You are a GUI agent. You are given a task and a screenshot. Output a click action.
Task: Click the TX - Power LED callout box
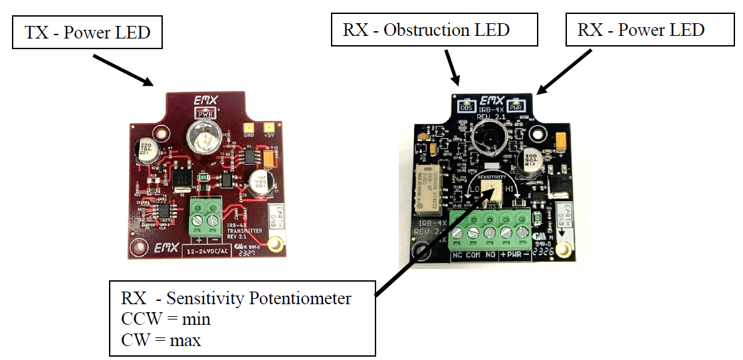point(88,32)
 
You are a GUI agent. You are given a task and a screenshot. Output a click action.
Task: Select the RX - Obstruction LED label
point(426,30)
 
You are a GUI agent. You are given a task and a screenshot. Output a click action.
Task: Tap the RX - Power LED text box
point(641,30)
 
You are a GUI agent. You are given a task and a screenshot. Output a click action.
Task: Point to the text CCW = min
point(165,319)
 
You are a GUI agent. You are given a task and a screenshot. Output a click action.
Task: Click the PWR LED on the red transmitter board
point(205,114)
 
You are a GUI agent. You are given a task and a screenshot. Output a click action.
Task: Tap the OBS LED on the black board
point(465,104)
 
